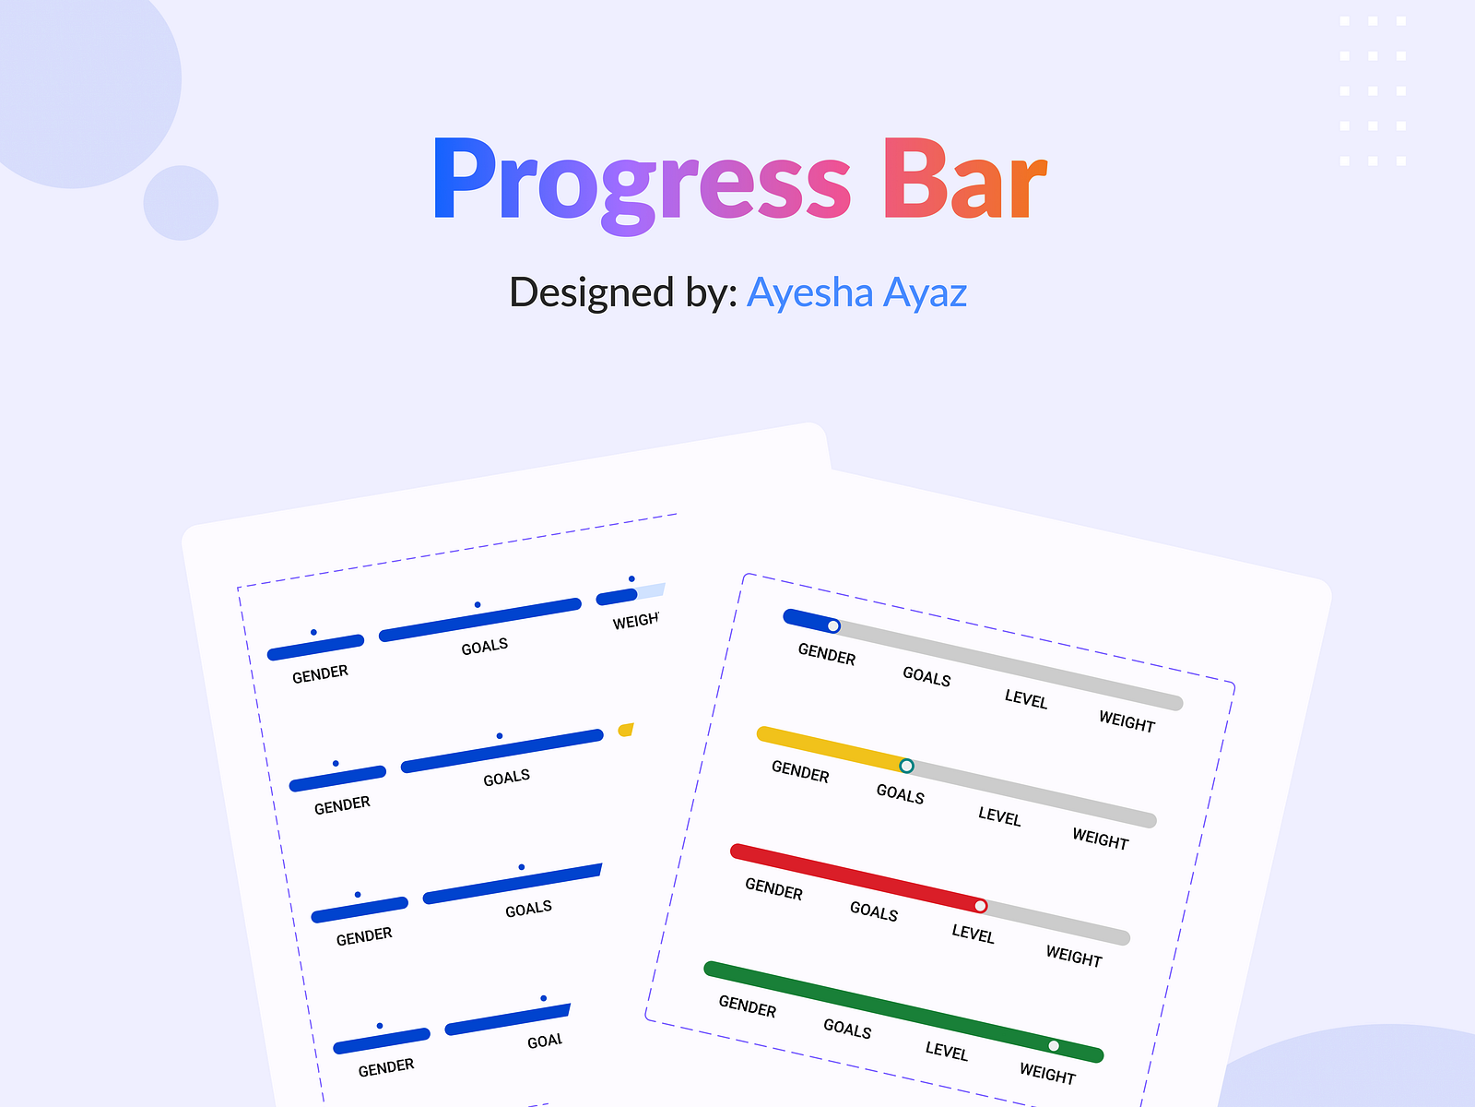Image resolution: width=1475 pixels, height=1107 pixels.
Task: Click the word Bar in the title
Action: click(x=964, y=182)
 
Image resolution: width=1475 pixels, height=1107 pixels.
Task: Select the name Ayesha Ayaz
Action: click(x=856, y=293)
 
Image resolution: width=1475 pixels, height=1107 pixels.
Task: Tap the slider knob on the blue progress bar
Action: click(x=833, y=626)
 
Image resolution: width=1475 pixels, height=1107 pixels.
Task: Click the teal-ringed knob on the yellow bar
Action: click(x=906, y=766)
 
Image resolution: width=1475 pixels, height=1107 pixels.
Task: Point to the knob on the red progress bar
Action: click(x=980, y=906)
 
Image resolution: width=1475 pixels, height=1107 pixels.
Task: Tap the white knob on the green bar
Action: click(x=1054, y=1046)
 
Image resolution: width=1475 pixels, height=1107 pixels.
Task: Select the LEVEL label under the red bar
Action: click(x=973, y=934)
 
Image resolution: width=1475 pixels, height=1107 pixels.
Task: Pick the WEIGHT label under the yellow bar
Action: click(x=1100, y=839)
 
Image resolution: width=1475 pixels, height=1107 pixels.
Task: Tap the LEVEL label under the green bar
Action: click(x=946, y=1051)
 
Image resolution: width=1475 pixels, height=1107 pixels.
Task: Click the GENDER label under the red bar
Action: click(x=773, y=889)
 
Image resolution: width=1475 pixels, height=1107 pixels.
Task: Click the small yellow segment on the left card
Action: click(x=626, y=730)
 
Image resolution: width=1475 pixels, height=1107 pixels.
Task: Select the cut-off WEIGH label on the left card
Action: click(x=636, y=621)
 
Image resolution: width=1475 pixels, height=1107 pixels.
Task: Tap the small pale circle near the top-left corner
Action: click(x=181, y=203)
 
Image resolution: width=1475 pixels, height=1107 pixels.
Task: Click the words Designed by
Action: click(x=622, y=293)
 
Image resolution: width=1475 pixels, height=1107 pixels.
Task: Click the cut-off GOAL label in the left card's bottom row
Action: click(x=545, y=1041)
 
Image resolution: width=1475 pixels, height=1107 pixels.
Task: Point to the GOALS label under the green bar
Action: click(x=846, y=1028)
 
